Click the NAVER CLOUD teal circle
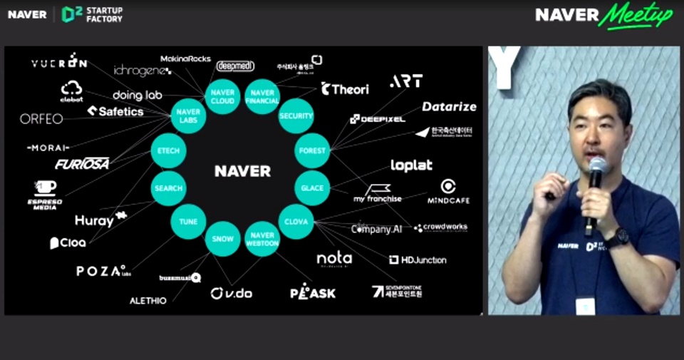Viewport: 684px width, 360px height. click(223, 97)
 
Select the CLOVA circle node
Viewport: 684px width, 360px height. click(296, 222)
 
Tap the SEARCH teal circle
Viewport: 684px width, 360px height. click(169, 188)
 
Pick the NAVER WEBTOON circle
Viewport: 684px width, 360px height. click(262, 240)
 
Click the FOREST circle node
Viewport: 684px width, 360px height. click(312, 150)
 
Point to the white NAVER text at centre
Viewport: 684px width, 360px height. click(242, 171)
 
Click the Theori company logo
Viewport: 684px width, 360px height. click(345, 89)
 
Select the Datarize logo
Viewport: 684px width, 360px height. click(448, 106)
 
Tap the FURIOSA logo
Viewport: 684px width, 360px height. click(82, 164)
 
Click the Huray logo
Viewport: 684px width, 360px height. click(100, 220)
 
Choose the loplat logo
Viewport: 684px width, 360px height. click(411, 165)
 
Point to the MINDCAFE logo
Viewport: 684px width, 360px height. click(448, 192)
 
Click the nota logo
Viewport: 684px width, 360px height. click(334, 258)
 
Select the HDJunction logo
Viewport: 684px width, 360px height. click(418, 259)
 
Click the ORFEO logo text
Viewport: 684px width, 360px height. click(41, 119)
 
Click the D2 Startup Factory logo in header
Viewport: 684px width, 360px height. click(92, 14)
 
